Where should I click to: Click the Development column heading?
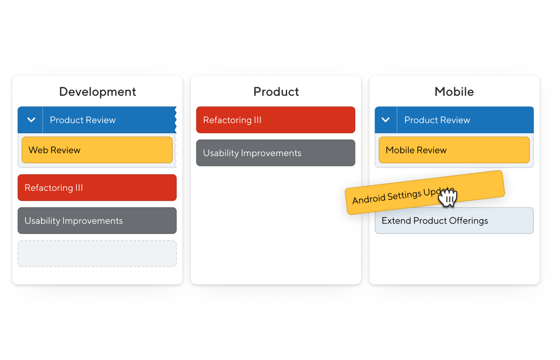(x=98, y=92)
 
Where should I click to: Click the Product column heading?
(x=276, y=92)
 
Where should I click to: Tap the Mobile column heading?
(x=454, y=92)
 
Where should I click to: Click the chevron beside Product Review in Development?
(x=31, y=120)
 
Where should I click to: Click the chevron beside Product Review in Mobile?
(x=385, y=120)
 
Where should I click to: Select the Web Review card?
(x=97, y=150)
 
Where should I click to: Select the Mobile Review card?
(x=454, y=150)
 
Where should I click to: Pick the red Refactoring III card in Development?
(x=97, y=188)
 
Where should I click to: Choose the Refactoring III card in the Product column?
(x=276, y=120)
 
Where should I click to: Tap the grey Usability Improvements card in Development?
(x=97, y=220)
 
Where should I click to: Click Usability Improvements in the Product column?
(x=276, y=153)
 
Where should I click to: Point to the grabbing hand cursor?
(x=448, y=198)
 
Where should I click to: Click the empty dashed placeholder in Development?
(x=97, y=253)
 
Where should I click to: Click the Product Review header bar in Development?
(x=97, y=120)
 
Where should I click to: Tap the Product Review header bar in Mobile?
(x=454, y=120)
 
